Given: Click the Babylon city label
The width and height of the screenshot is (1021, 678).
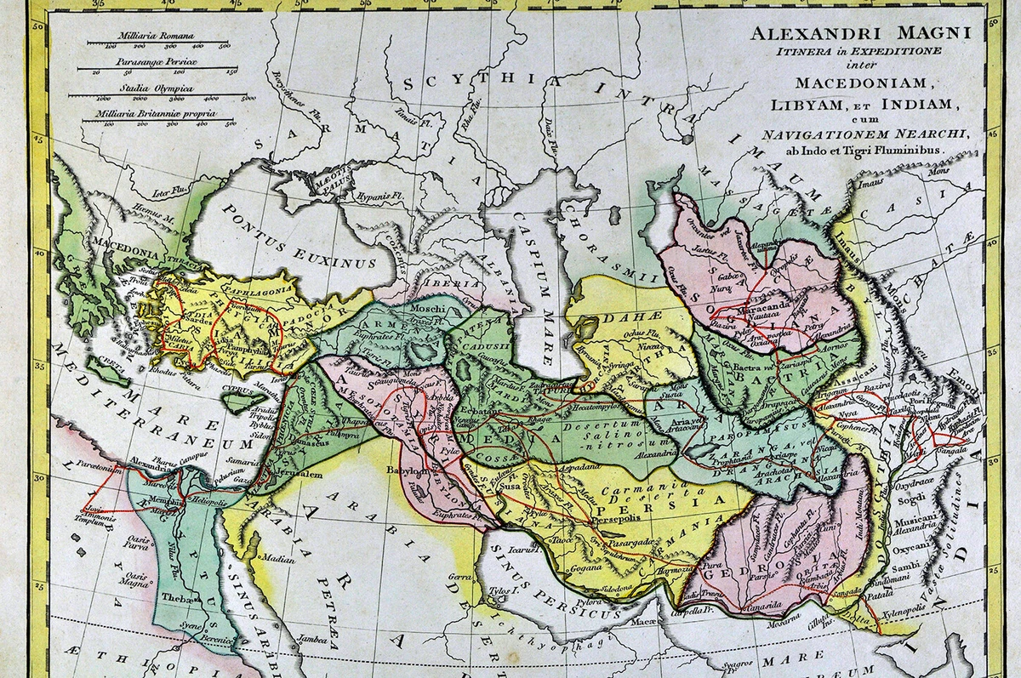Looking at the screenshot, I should coord(406,469).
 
